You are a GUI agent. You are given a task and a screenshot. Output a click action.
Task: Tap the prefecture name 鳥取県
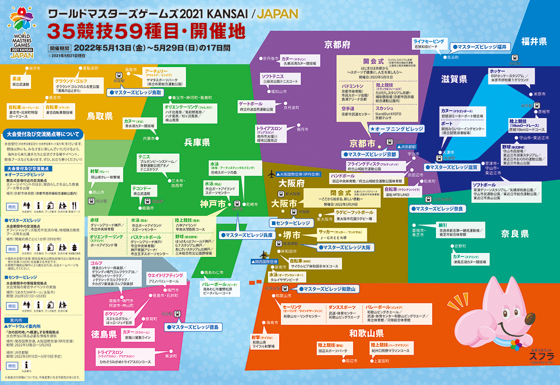[x=100, y=115]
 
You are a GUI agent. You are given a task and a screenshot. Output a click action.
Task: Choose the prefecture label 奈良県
[x=514, y=233]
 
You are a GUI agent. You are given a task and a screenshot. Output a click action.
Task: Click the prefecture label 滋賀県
[x=454, y=78]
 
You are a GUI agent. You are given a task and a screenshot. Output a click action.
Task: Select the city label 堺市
[x=292, y=235]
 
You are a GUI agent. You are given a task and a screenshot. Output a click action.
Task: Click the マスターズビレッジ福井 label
[x=479, y=47]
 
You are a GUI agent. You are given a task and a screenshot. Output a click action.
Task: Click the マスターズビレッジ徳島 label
[x=192, y=326]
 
